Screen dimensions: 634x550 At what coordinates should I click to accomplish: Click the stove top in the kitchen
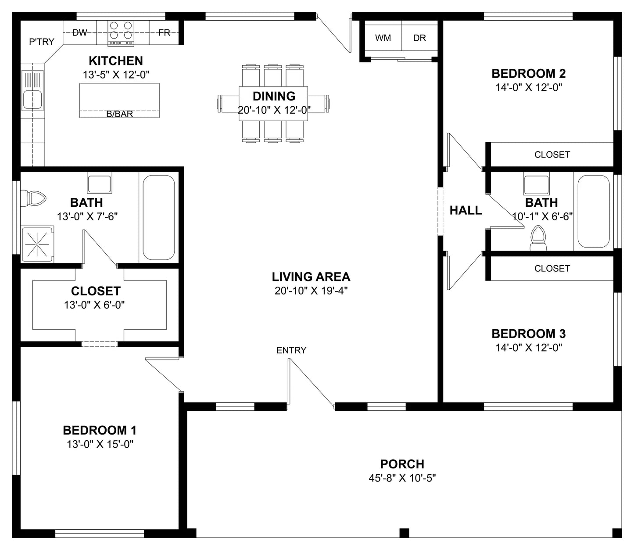pos(121,33)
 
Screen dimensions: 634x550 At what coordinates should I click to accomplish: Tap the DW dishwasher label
pos(80,32)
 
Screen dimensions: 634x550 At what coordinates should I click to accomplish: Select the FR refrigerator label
pos(164,32)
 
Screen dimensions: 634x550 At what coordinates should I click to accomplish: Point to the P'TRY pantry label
pos(42,41)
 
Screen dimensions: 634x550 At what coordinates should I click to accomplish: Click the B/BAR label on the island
pos(120,114)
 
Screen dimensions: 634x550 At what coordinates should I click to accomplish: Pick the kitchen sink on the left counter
pos(32,90)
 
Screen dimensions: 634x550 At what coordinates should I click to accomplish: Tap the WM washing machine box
pos(383,38)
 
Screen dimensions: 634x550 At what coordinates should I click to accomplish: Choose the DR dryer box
pos(419,38)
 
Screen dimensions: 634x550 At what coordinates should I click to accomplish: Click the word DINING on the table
pos(274,96)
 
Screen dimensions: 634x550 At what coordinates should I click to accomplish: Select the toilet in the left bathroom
pos(33,198)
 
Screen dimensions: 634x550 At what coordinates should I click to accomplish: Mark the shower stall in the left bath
pos(37,244)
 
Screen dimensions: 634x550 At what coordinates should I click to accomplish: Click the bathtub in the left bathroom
pos(159,218)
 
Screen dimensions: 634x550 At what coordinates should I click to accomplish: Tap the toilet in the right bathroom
pos(538,238)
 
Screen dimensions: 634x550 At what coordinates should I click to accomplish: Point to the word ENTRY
pos(291,350)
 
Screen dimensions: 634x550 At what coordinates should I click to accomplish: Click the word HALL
pos(466,210)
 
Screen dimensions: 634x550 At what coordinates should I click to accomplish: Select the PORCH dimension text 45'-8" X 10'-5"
pos(402,478)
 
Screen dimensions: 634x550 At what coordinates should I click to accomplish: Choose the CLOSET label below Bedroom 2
pos(552,155)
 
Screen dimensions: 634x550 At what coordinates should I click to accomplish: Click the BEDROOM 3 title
pos(529,334)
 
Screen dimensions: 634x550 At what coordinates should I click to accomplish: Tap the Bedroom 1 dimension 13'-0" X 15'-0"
pos(100,444)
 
